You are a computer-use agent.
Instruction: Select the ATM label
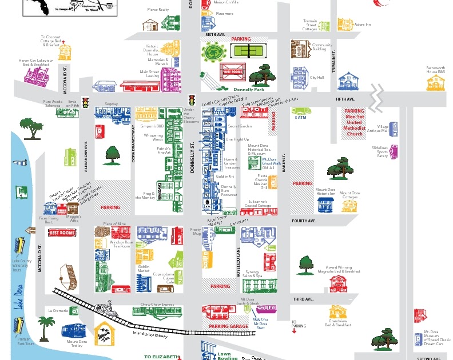301,117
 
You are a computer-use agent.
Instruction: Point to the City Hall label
317,78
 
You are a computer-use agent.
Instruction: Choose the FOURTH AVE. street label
304,221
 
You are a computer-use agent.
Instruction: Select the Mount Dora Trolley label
77,343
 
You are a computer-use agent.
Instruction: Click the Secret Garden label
240,126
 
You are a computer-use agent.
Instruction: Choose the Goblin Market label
143,269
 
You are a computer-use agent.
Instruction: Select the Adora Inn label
363,25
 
